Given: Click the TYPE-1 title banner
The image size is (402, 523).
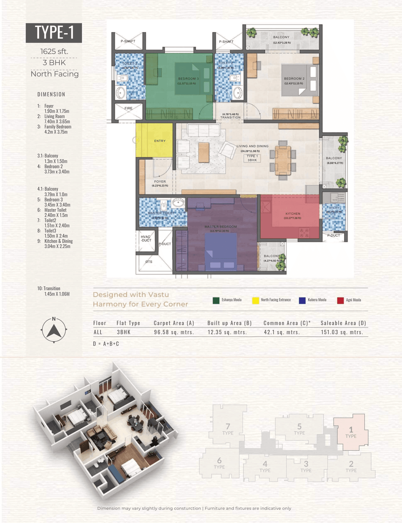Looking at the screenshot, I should pos(54,33).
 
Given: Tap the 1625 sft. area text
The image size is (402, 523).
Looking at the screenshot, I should pos(54,51).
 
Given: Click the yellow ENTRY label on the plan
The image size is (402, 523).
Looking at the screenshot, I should pos(160,141).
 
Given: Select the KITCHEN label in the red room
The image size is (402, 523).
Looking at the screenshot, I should pos(293,213).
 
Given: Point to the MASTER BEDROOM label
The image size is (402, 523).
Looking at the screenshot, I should pos(220,227).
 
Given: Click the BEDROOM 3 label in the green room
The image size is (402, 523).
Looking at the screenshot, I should pos(188,79).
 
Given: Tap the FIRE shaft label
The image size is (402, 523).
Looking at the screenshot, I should pos(128,108).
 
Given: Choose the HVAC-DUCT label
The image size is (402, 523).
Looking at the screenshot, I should pos(146,239).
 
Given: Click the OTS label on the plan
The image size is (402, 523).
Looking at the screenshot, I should pos(149,261).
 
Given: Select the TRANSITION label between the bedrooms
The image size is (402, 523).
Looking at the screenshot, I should pos(230,117).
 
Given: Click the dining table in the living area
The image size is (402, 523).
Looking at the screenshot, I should pos(283,160).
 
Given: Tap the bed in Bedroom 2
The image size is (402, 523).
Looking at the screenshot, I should pos(300,80).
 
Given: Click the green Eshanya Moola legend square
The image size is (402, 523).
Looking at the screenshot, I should pos(216,300).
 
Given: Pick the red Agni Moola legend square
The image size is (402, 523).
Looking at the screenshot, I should pos(340,300).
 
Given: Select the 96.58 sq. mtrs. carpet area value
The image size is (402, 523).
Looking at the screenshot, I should pos(174,332).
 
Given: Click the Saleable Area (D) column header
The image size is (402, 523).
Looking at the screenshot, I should pos(343,323).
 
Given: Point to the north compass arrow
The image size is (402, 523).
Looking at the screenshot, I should pos(54,331).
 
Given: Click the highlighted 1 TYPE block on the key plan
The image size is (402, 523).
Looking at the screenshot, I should pos(351,432).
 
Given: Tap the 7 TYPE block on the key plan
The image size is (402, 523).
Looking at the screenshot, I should pos(228,429).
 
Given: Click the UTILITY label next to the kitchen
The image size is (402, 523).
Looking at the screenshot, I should pos(334,208).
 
